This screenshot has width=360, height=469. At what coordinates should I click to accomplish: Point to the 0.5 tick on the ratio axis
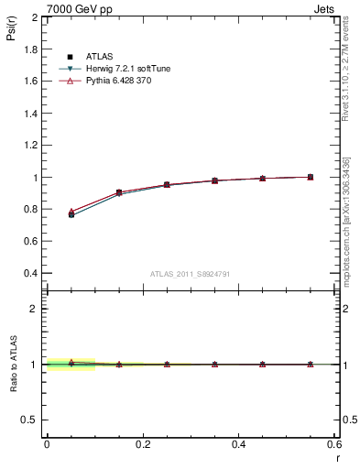pyautogui.click(x=30, y=420)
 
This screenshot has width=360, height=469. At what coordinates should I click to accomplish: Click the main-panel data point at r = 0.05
pyautogui.click(x=71, y=214)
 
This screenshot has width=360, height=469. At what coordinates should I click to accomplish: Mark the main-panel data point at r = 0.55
pyautogui.click(x=311, y=177)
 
